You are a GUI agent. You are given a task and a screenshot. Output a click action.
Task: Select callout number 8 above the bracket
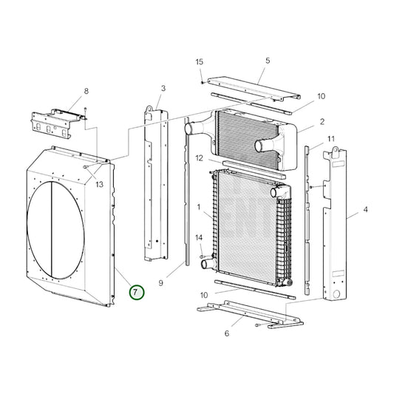point(86,91)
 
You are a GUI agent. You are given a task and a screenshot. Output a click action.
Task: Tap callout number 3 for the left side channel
point(162,89)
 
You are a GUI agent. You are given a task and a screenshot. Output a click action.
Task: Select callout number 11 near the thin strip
point(331,139)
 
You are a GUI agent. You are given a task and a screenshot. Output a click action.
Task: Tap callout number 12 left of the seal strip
point(199,157)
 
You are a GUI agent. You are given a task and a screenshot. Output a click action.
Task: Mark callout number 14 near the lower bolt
point(198,237)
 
